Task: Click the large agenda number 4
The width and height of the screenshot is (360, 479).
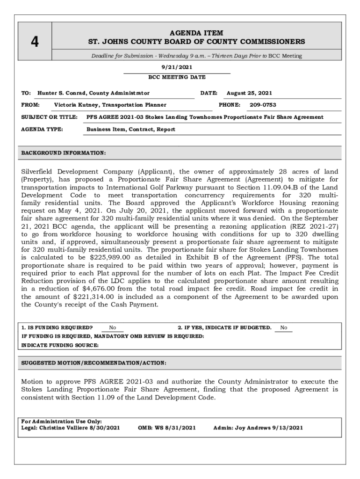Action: tap(35, 42)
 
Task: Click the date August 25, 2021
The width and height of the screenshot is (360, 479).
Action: tap(249, 93)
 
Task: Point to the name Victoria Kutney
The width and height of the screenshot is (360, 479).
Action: tap(77, 105)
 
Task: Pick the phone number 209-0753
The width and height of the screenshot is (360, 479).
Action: tap(263, 105)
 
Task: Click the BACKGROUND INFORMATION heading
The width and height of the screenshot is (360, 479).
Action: tap(64, 153)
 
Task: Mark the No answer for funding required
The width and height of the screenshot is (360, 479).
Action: tap(113, 327)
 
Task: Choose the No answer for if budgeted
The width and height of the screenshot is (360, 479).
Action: tap(284, 327)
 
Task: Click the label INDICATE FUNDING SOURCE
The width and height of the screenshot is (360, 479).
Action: tap(60, 345)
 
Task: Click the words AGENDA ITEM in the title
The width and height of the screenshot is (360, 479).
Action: tap(196, 33)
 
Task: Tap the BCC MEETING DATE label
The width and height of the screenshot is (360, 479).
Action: tap(177, 77)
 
